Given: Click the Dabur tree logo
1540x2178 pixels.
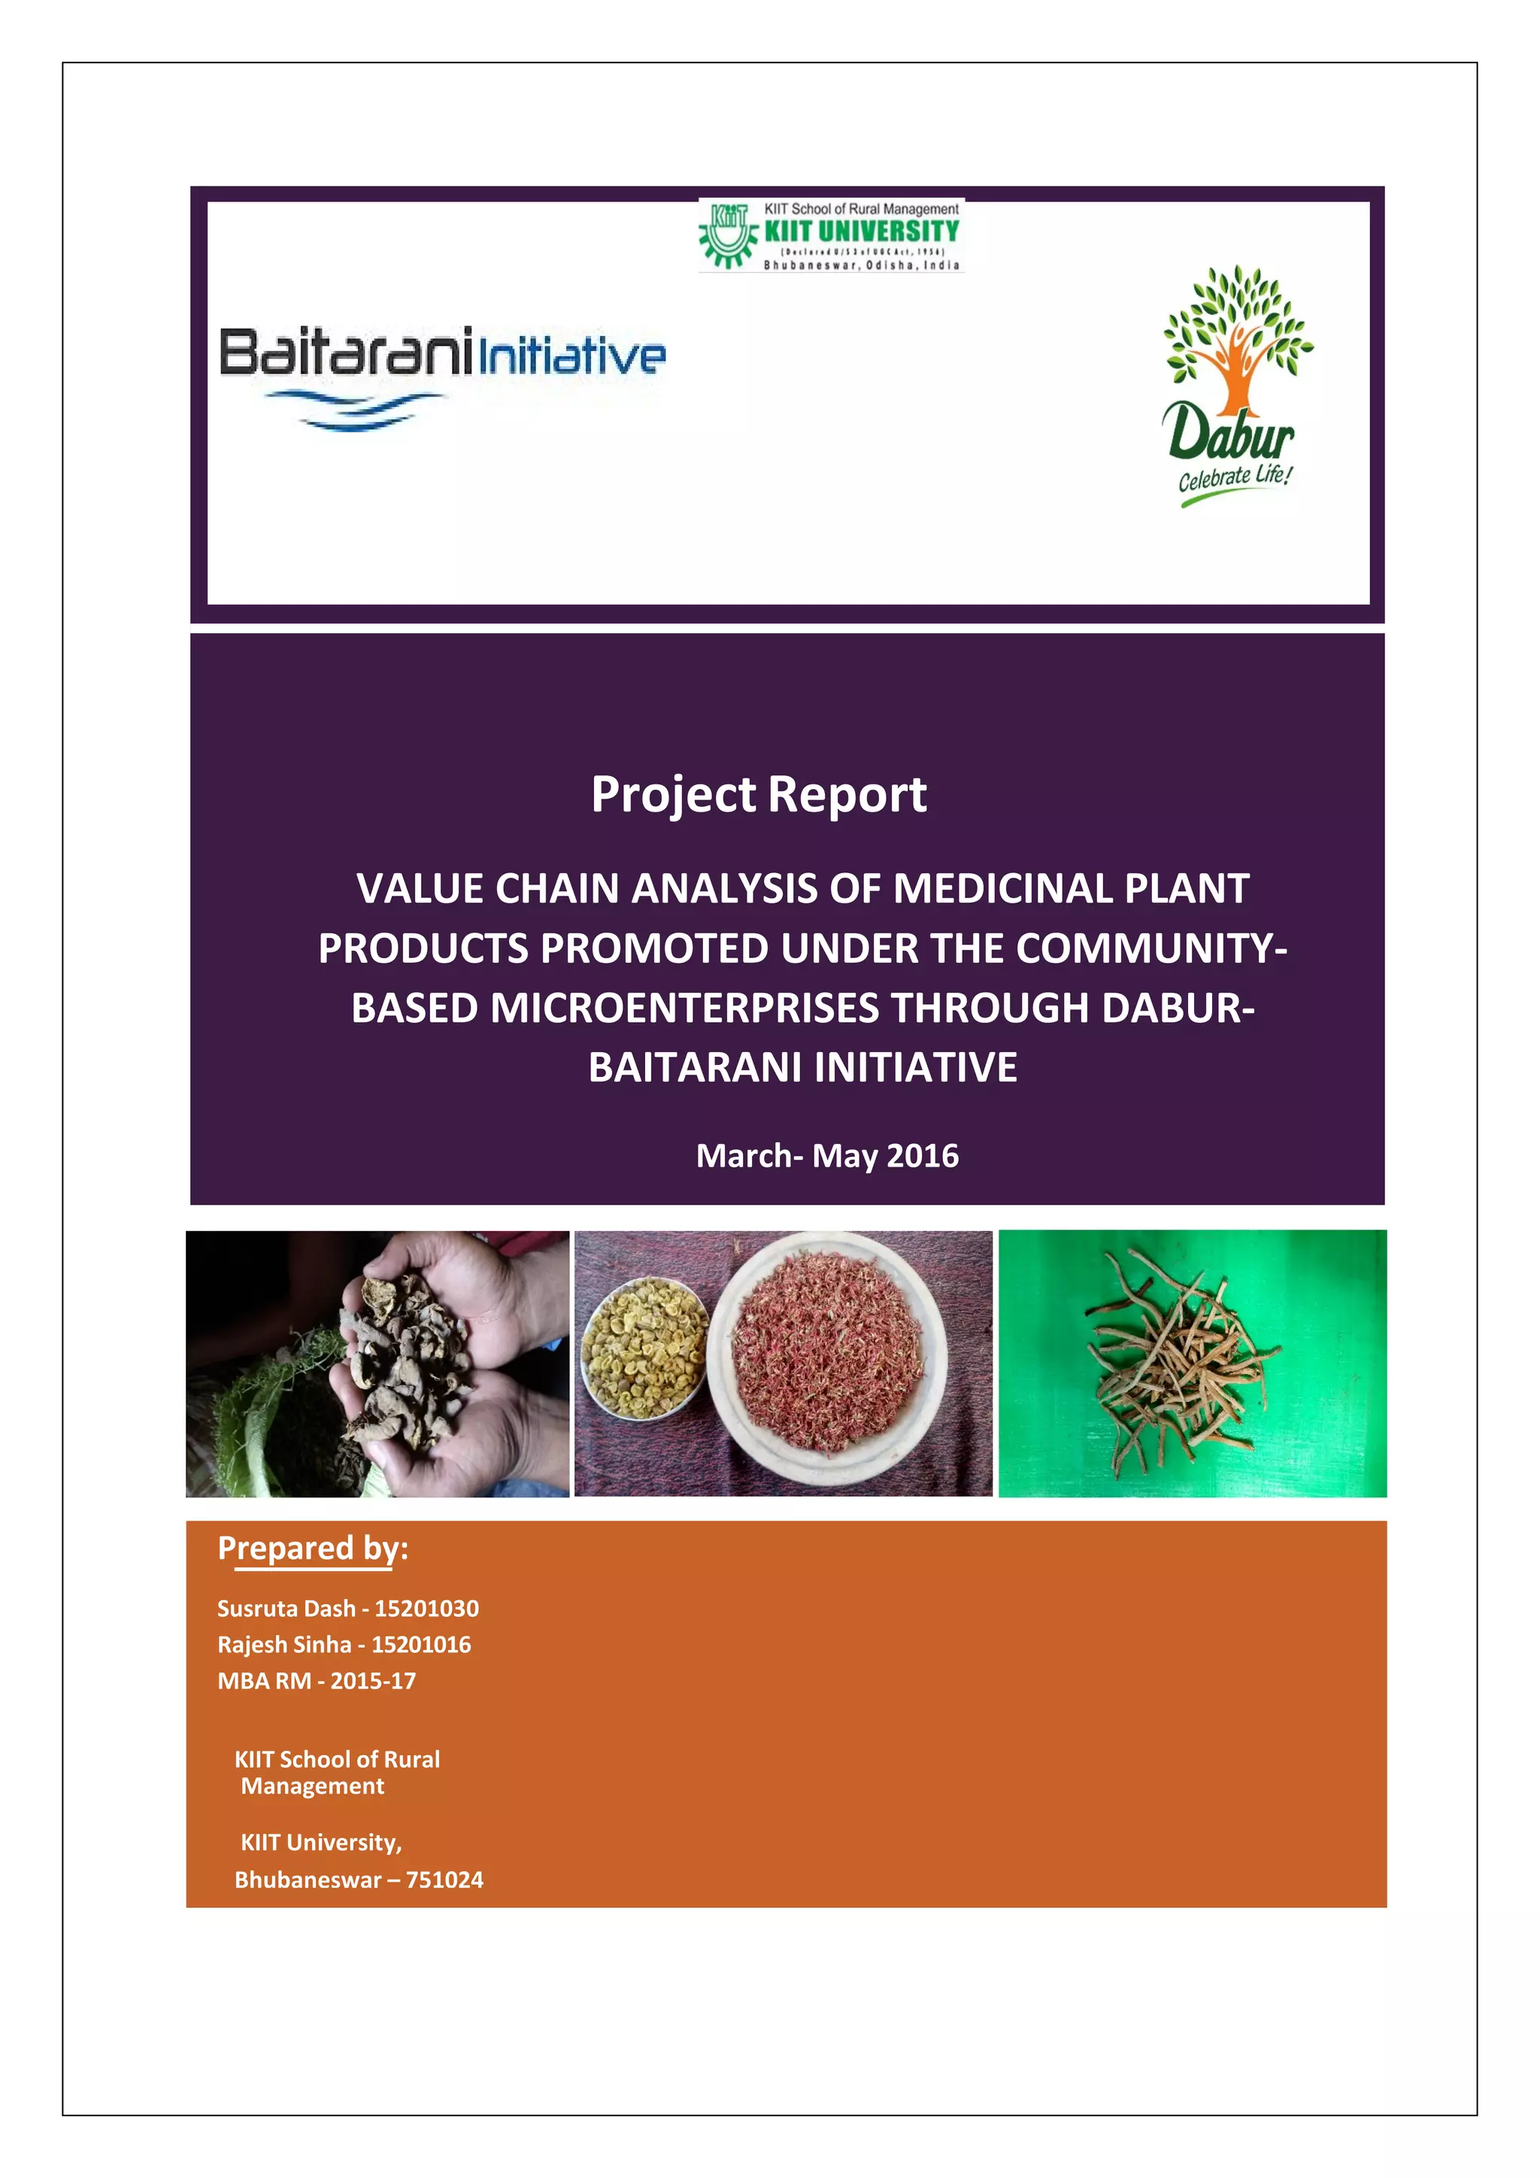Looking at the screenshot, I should point(1236,341).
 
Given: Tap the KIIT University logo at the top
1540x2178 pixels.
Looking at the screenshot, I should point(831,235).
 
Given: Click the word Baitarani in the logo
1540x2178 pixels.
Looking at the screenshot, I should point(345,353).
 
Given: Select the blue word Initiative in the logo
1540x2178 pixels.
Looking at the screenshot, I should point(571,356).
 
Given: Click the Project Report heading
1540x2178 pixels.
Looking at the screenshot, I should point(759,794).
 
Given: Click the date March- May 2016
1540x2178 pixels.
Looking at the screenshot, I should point(827,1155).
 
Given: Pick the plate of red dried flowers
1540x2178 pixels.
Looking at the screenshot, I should point(827,1358).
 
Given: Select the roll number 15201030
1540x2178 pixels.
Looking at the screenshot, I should point(426,1609).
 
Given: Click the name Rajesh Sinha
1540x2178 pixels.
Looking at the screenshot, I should point(284,1645).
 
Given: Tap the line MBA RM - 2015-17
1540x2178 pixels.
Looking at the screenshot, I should point(317,1681).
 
